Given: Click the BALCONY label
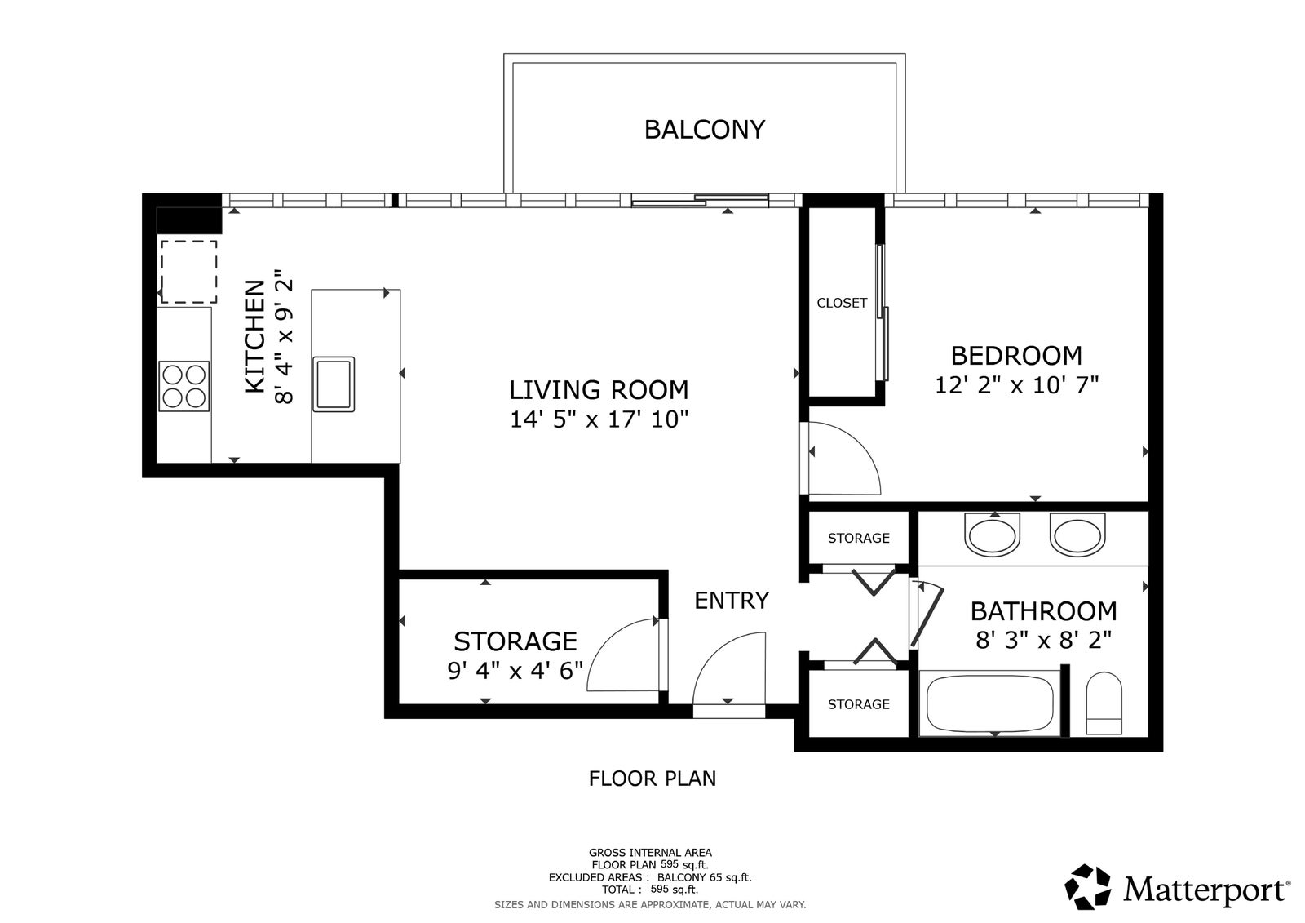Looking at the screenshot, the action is [705, 130].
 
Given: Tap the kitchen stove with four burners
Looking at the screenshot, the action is [184, 386].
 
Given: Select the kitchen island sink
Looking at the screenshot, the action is [334, 384].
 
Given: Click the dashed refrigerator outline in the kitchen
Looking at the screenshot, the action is [188, 272].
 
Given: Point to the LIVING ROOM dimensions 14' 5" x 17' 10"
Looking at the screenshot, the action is [599, 419].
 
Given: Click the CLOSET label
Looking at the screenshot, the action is [842, 303].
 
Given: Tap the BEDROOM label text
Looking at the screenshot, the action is [1016, 356].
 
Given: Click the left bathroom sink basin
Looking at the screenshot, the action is [992, 535].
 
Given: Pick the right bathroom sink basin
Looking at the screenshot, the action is [1077, 535].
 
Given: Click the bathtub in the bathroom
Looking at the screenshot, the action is [990, 703].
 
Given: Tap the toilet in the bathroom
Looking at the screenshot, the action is [1104, 703].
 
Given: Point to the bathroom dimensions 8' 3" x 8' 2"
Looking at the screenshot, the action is [1044, 641].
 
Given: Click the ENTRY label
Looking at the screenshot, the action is [732, 601].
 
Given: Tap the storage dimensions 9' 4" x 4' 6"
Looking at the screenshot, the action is [515, 671].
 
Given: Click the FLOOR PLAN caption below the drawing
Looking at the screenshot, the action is [652, 779].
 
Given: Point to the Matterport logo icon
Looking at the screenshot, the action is [1087, 887].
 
